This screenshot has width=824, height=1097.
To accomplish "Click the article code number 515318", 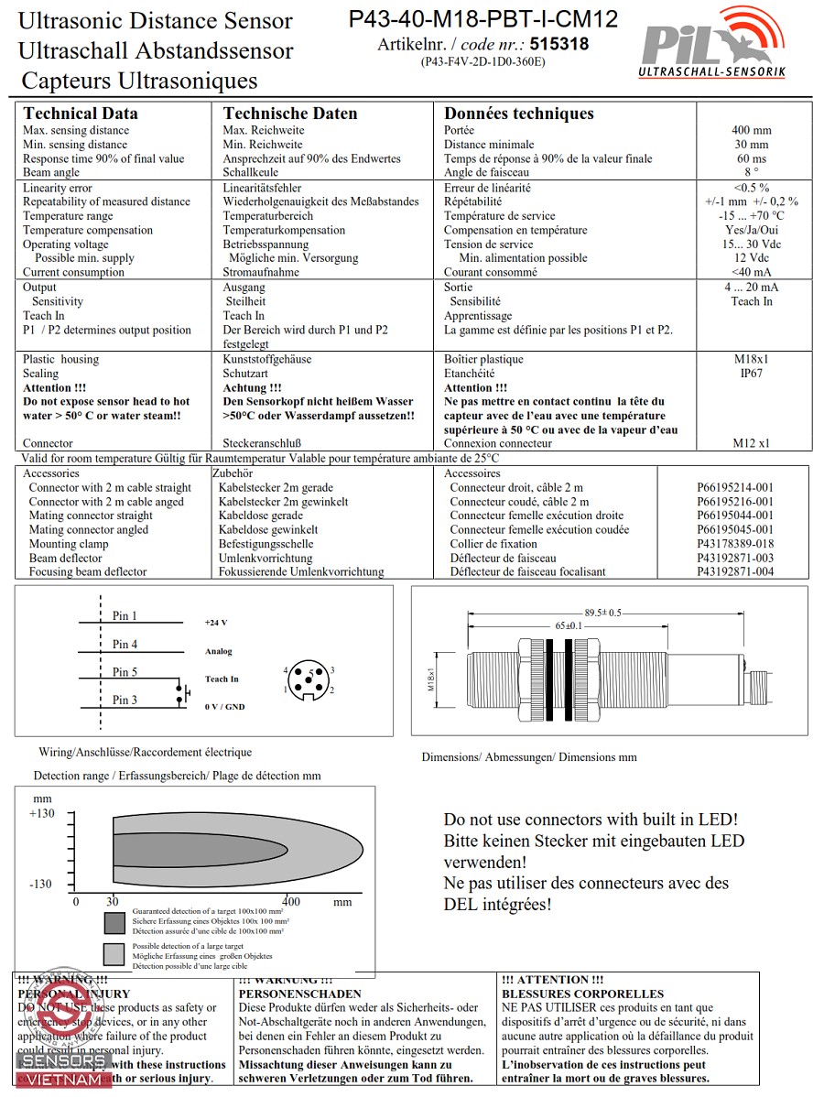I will click(558, 43).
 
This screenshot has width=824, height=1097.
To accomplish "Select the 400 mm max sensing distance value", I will click(751, 130).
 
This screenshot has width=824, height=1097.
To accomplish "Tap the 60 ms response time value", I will click(751, 158).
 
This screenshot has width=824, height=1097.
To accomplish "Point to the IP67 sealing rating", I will click(751, 374).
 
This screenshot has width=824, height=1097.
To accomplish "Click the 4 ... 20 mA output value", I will click(751, 287).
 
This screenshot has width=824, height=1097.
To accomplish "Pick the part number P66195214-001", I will click(734, 488).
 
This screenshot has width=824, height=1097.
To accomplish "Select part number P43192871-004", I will click(734, 571).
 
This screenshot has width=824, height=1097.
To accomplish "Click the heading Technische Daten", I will click(290, 114).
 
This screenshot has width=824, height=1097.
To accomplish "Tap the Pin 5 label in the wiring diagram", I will click(125, 672).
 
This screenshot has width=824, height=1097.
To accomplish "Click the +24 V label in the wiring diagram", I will click(216, 623).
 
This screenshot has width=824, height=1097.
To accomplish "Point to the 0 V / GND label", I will click(224, 707).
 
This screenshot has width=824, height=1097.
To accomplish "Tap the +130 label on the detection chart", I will click(42, 814).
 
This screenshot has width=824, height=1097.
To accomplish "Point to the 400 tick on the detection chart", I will click(290, 901).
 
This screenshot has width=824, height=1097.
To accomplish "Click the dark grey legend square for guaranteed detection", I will click(114, 921).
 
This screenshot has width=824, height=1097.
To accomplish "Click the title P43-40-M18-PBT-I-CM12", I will click(482, 19).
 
